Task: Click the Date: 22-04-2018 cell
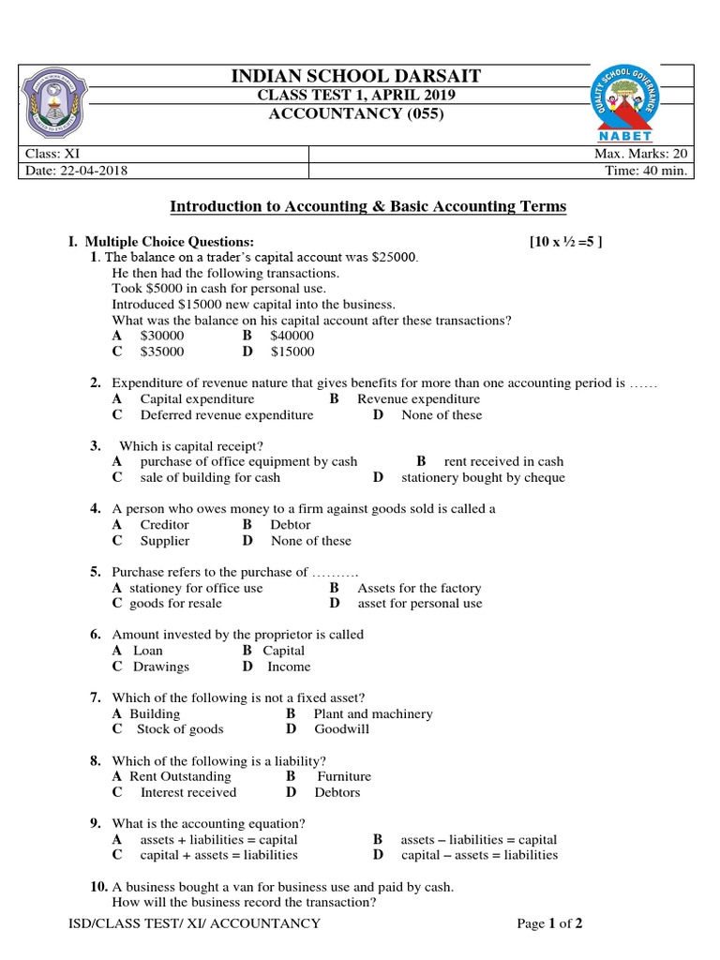coord(77,171)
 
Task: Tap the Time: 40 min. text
coord(653,171)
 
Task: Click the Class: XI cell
coord(48,154)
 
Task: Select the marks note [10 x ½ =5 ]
coord(566,242)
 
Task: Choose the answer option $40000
coord(292,336)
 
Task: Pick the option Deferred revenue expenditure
coord(227,414)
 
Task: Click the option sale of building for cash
coord(210,477)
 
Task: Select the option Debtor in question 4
coord(290,525)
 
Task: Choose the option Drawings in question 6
coord(160,667)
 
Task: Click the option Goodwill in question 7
coord(341,729)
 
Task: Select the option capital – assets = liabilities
coord(479,855)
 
